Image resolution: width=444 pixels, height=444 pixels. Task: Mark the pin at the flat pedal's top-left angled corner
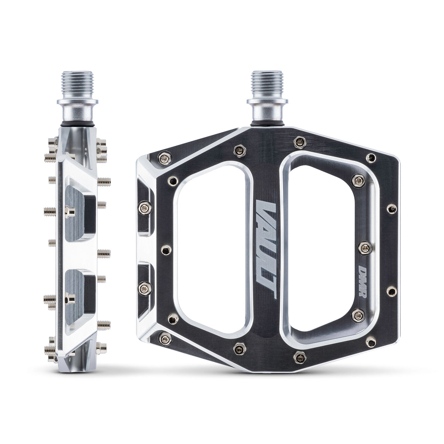pos(162,158)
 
